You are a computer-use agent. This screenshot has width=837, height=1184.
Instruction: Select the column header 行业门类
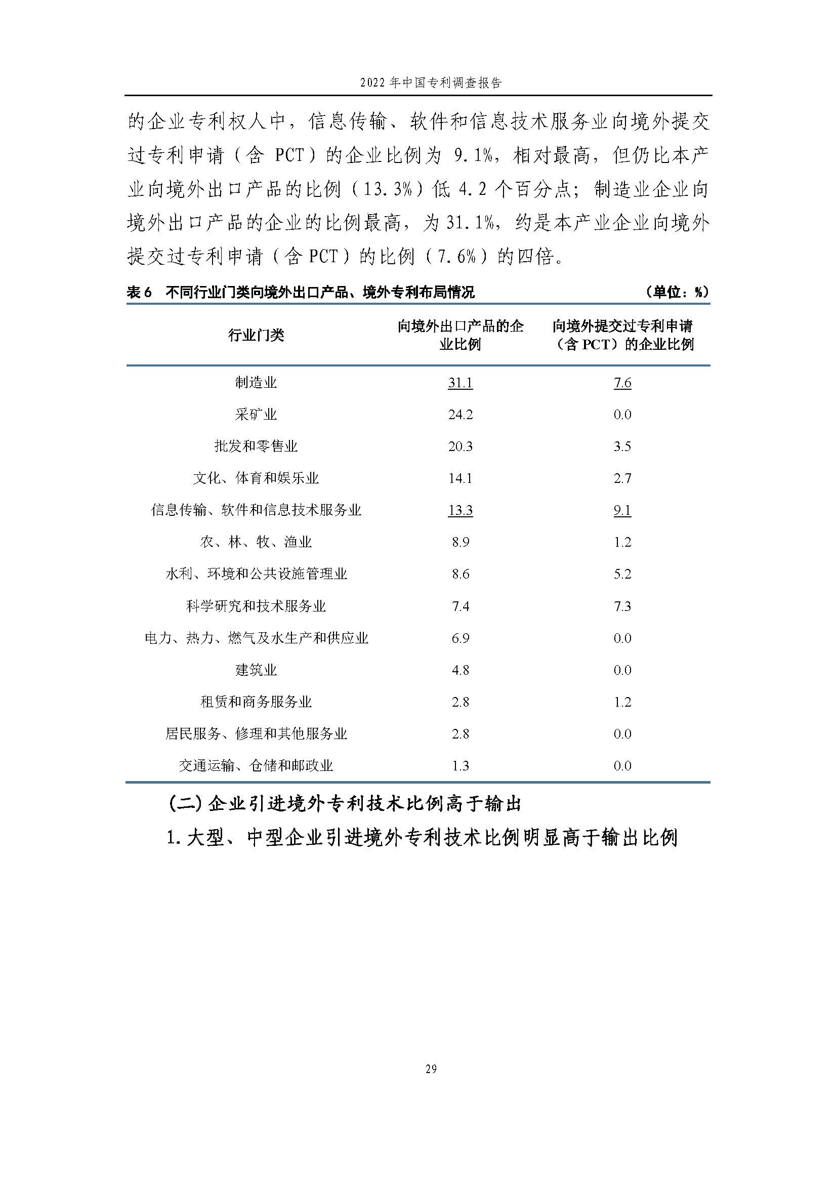[x=256, y=335]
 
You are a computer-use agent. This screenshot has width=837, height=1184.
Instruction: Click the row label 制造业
[x=256, y=383]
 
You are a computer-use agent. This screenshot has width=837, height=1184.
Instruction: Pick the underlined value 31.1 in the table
[x=460, y=383]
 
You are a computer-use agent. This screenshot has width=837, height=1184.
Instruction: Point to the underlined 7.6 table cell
[x=622, y=383]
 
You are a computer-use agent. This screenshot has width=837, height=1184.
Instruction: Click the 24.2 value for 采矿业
[x=460, y=415]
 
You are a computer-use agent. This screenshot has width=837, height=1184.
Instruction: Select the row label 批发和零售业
[x=256, y=446]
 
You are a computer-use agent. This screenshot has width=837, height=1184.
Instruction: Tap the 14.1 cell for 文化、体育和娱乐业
[x=460, y=478]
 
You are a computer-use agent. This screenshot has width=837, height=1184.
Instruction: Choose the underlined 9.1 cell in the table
[x=622, y=511]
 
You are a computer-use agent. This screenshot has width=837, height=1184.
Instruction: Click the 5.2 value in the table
[x=622, y=574]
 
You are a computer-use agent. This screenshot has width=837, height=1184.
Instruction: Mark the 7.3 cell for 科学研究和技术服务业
[x=622, y=606]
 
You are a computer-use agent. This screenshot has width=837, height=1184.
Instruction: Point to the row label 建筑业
[x=256, y=670]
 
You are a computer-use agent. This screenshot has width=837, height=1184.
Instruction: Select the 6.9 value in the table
[x=460, y=638]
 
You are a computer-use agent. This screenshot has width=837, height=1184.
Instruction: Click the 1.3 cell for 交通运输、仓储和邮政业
[x=460, y=766]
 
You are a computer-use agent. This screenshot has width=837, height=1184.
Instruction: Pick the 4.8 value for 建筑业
[x=460, y=670]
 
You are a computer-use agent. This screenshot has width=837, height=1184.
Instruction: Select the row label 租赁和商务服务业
[x=256, y=702]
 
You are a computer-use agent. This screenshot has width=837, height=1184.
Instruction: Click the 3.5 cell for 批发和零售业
[x=622, y=446]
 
